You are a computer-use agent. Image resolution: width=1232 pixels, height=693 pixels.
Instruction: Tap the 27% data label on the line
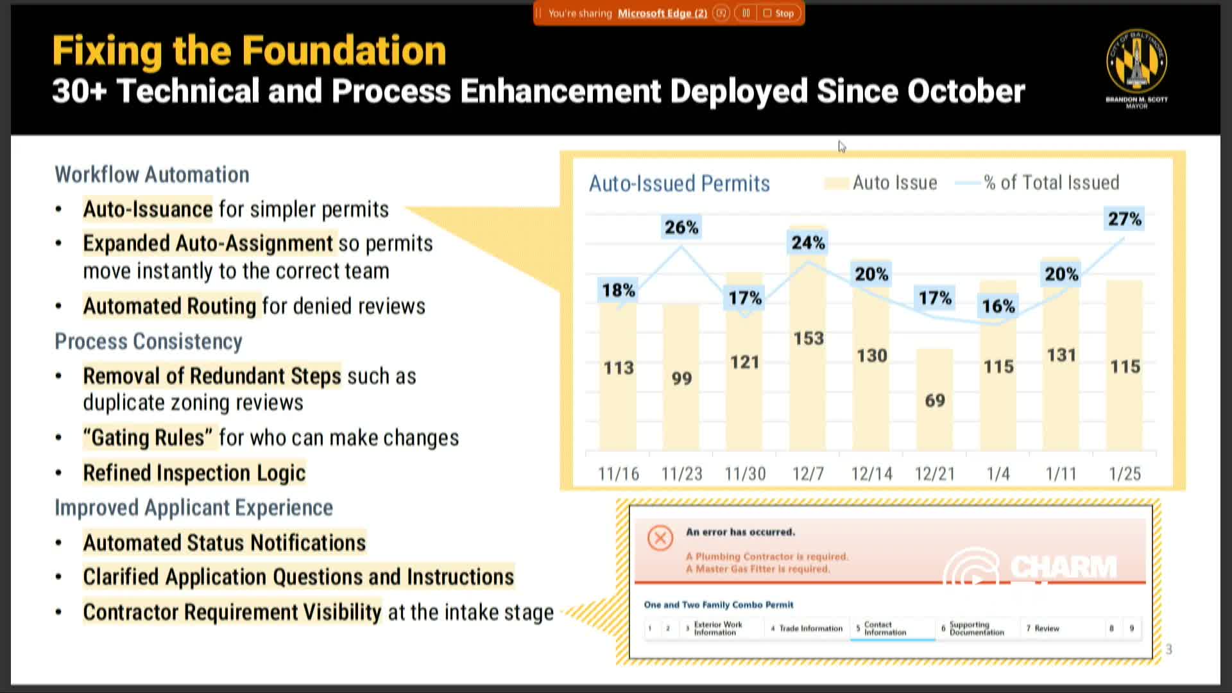pos(1124,219)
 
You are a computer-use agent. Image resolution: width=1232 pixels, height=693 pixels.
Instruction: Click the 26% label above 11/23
pos(681,227)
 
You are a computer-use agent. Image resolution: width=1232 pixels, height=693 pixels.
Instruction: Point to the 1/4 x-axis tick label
pos(998,474)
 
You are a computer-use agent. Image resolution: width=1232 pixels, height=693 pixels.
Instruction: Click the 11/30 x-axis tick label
pos(745,474)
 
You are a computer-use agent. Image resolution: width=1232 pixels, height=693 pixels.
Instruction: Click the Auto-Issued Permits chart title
pos(679,184)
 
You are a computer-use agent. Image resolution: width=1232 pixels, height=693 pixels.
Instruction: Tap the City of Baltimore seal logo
pos(1136,62)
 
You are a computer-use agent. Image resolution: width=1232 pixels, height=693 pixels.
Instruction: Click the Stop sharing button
pos(778,13)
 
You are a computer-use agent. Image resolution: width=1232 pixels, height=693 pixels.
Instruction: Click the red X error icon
pos(660,538)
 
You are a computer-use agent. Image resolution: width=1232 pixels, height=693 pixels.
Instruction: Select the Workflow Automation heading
pos(152,175)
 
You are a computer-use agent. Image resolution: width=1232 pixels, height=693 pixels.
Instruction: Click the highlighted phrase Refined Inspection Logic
pos(194,473)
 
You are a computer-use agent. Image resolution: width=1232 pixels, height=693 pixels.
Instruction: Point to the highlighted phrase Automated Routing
pos(169,306)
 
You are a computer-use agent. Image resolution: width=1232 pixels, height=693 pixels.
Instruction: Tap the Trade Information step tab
pos(810,628)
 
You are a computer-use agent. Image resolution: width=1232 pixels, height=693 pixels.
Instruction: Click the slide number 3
pos(1168,649)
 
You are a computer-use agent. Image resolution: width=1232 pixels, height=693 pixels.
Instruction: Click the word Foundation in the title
pos(343,51)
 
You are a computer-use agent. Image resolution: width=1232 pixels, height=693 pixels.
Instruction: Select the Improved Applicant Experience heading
pos(193,508)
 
